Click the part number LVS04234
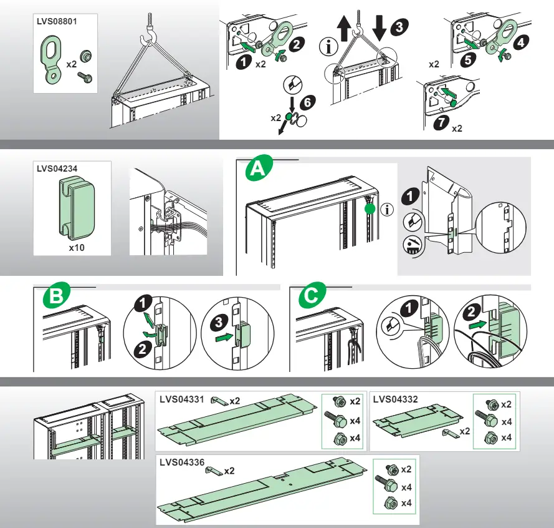[57, 167]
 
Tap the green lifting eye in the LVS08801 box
[53, 60]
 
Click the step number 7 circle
[441, 124]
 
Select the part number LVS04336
[181, 462]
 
